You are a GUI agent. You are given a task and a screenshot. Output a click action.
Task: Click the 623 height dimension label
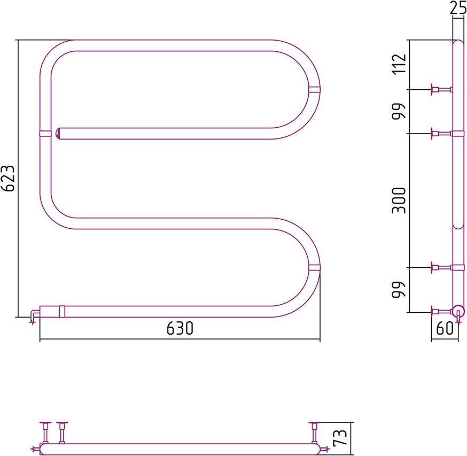7,178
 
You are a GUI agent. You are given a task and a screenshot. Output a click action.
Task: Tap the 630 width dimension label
180,328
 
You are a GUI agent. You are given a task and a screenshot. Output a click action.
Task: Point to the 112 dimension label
399,64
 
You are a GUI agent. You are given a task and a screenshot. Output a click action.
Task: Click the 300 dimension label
399,200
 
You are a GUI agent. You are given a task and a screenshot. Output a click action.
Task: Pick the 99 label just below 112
399,111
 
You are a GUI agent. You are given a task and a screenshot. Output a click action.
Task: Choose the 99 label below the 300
399,290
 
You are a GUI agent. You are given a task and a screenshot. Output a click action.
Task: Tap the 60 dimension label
445,328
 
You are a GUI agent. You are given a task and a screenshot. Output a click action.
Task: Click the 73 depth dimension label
340,437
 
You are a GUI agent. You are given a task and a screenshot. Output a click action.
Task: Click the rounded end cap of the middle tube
58,134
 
